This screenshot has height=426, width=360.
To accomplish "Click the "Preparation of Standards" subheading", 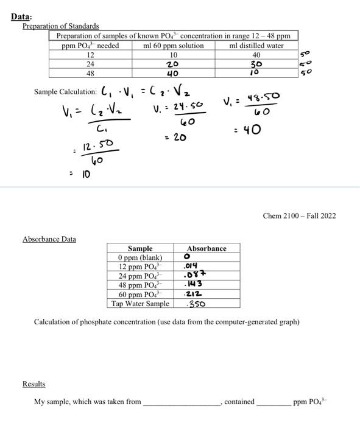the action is [x=60, y=26].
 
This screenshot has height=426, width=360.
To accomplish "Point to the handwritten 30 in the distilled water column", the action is [x=256, y=64].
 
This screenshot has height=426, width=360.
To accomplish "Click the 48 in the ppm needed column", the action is [x=90, y=72].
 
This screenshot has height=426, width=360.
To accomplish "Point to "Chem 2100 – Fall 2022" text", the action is [x=299, y=215].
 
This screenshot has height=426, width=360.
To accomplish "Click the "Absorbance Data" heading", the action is [x=49, y=239].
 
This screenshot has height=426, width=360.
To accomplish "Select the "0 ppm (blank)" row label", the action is [x=140, y=257].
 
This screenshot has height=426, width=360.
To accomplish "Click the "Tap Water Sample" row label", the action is [x=140, y=303].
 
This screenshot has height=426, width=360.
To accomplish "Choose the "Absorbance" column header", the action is [x=206, y=248].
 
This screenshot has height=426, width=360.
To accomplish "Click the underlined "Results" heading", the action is [x=34, y=384].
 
